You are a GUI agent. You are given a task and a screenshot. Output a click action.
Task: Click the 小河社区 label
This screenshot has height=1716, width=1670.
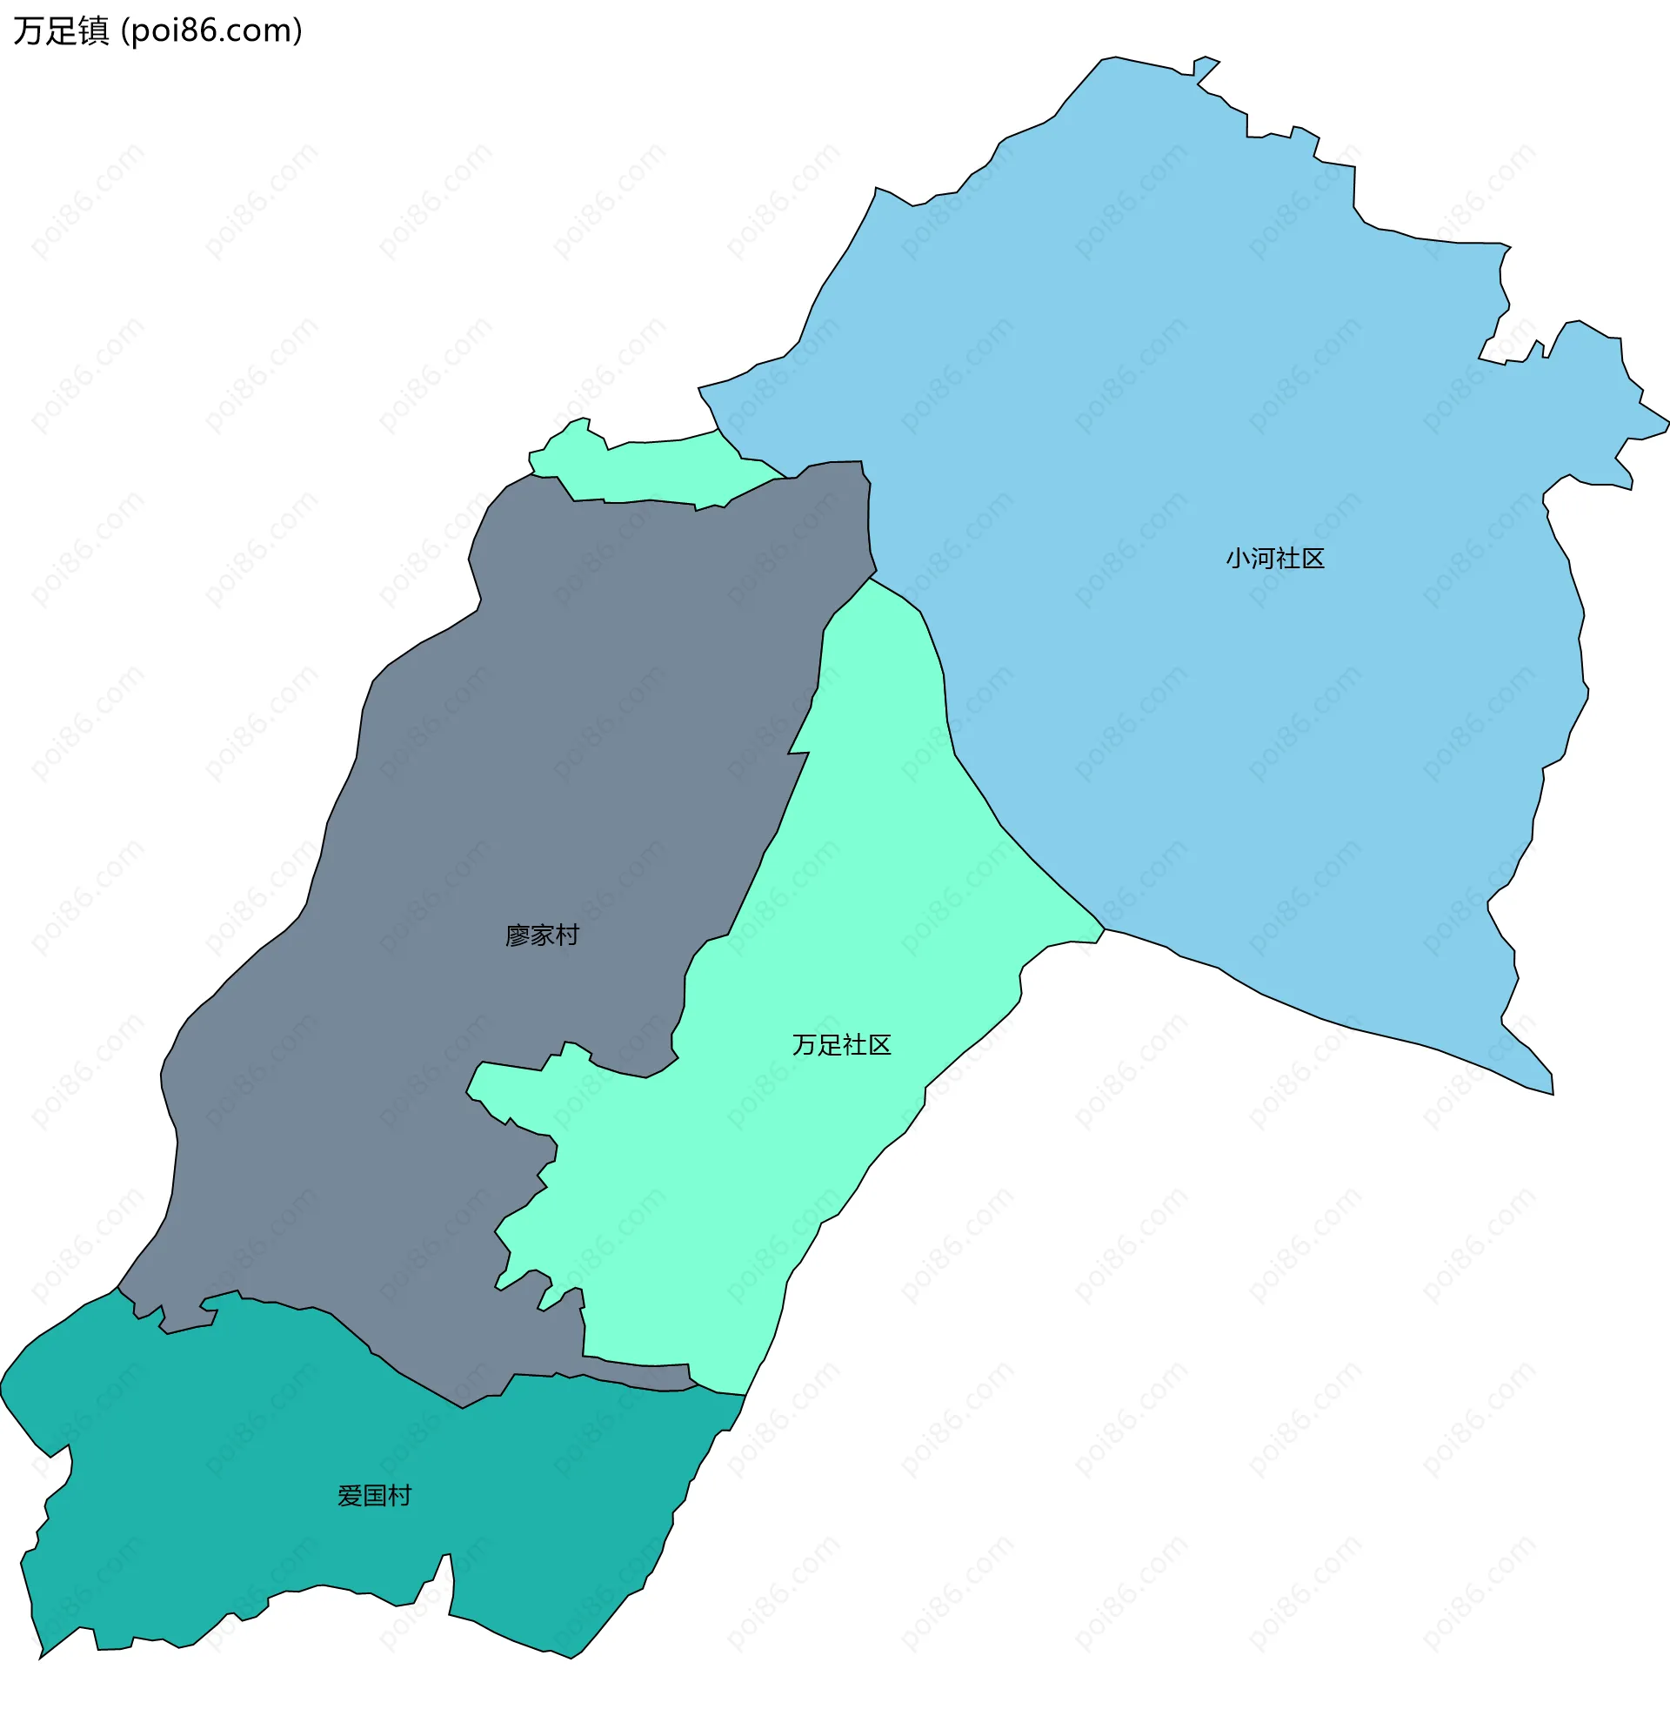[x=1274, y=559]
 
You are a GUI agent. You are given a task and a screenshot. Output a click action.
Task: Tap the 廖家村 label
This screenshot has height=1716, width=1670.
[x=542, y=935]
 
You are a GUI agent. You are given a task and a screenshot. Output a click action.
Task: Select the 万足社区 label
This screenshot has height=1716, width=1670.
[x=841, y=1045]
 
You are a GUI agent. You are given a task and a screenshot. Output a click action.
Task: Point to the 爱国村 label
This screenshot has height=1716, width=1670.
[x=375, y=1496]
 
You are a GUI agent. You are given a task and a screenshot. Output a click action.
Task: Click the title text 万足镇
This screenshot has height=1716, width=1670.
[x=62, y=31]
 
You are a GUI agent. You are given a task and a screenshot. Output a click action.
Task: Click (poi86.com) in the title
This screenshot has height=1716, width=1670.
[x=211, y=31]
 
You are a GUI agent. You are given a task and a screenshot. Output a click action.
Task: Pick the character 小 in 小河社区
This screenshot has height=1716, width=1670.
[x=1238, y=559]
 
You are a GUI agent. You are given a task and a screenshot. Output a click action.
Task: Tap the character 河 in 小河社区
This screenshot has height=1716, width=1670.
[x=1262, y=559]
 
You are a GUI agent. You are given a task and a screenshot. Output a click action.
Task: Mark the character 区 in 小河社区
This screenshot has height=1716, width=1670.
[x=1313, y=559]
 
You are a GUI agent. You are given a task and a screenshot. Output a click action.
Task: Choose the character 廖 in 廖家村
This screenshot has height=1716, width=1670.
[x=518, y=935]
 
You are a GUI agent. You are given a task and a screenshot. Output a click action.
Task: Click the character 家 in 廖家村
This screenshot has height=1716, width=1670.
[x=542, y=935]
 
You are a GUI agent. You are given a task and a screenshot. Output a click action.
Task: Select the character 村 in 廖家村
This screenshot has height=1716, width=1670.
[x=567, y=935]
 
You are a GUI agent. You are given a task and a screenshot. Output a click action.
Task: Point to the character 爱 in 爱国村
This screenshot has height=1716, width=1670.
[x=350, y=1496]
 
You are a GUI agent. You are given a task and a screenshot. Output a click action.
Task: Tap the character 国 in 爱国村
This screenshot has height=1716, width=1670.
[x=375, y=1496]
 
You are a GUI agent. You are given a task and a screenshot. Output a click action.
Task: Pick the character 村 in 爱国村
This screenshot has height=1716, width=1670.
[x=400, y=1496]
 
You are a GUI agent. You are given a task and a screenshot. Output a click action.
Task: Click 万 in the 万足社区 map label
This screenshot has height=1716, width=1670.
[x=805, y=1045]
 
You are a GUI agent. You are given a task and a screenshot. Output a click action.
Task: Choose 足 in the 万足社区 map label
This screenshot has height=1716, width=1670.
[x=829, y=1045]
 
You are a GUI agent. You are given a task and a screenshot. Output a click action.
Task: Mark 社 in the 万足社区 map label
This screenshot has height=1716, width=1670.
[x=854, y=1045]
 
